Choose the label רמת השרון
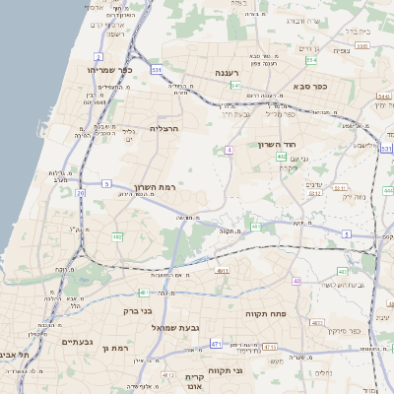(x=153, y=187)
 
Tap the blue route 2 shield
(x=98, y=57)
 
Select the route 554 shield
(x=311, y=61)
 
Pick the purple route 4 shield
(x=229, y=150)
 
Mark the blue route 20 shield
(x=80, y=193)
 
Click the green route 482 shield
(x=117, y=237)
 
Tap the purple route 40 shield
(x=296, y=281)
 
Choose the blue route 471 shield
(x=215, y=344)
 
